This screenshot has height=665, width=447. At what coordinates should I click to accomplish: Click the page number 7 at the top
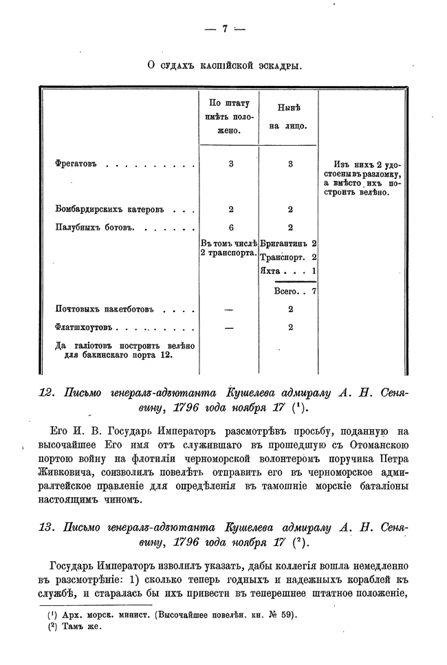click(x=224, y=29)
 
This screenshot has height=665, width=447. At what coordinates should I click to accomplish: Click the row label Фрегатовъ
click(x=76, y=164)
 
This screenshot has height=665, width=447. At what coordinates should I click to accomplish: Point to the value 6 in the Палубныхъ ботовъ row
click(x=231, y=228)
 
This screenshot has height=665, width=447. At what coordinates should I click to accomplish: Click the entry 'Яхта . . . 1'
click(x=289, y=271)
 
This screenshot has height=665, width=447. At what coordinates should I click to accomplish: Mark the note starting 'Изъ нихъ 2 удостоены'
click(x=360, y=179)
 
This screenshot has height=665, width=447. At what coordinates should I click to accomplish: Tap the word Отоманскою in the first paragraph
click(x=375, y=446)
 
